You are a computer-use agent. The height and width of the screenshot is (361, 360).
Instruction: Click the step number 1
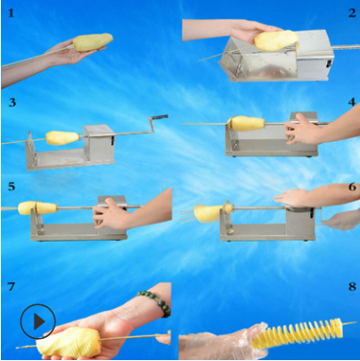click(12, 13)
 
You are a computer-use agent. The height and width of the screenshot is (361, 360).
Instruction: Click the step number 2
click(351, 12)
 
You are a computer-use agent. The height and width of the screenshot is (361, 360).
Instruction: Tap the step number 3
click(12, 101)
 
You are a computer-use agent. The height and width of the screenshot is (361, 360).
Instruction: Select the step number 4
click(351, 101)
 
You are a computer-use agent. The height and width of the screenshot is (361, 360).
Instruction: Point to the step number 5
click(12, 185)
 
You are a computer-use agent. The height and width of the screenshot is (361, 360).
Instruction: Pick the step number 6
click(351, 185)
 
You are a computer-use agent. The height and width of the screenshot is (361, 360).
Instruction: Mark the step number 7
click(12, 287)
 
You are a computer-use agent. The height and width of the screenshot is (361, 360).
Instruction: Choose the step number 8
click(351, 287)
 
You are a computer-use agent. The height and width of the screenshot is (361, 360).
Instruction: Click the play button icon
click(37, 320)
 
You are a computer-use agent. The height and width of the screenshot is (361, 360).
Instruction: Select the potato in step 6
click(208, 210)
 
